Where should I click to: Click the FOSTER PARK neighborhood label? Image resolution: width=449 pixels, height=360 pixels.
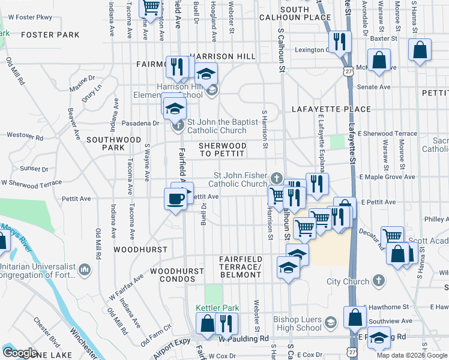50,35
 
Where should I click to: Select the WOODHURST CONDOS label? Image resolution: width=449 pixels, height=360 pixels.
177,271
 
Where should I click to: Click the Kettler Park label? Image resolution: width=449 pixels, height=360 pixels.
217,308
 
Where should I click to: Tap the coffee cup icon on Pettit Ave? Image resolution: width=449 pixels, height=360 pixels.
175,199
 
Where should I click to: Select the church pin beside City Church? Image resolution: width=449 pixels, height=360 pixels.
379,281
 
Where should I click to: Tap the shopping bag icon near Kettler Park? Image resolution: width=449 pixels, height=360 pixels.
208,324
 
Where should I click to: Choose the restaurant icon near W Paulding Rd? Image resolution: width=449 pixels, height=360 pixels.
226,324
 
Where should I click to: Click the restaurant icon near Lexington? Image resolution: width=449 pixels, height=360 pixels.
340,42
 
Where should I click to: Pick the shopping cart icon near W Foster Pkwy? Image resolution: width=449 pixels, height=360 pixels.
151,7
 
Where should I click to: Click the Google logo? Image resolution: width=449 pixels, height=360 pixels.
20,353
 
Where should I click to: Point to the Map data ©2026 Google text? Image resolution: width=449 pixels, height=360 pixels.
411,355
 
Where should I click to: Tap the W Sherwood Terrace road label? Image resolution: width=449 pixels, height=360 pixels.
31,182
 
